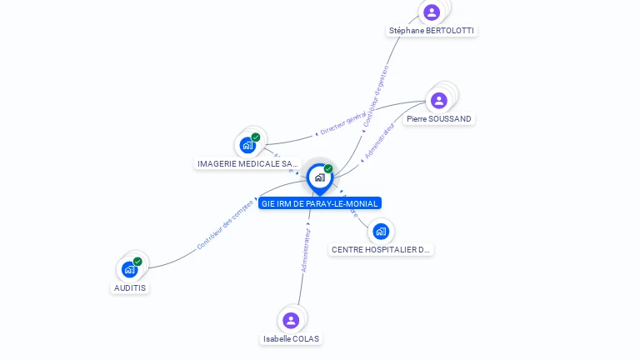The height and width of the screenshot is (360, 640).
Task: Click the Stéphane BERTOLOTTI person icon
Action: coord(432,12)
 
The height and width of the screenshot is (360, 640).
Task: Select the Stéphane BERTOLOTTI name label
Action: coord(432,31)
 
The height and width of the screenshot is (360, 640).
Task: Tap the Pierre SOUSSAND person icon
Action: coord(439,100)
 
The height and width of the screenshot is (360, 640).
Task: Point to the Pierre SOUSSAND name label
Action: coord(439,119)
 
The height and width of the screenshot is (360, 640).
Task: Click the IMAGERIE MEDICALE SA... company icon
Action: coord(247,146)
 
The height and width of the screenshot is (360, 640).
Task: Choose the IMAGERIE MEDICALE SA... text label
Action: coord(248,164)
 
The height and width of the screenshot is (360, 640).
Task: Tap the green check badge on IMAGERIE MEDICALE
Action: coord(256,137)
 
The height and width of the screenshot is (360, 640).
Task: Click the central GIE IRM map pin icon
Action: coord(319,177)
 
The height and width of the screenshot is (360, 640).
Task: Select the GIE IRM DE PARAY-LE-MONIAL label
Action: coord(320,203)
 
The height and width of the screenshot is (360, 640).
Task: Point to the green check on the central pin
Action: coord(328,168)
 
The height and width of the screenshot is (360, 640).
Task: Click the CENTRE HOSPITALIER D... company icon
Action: coord(381,231)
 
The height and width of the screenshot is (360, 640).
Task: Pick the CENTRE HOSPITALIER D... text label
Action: coord(382,249)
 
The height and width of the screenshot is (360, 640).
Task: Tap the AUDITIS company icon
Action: coord(129,269)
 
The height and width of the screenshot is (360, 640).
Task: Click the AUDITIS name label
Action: coord(130,287)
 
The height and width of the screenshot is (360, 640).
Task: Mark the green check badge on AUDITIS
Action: coord(137,262)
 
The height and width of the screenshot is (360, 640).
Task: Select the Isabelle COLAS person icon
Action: coord(291,320)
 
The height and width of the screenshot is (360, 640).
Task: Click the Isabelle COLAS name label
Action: coord(291,339)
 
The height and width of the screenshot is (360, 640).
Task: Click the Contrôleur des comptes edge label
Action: coord(224,225)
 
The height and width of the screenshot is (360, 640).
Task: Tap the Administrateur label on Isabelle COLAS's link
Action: coord(306,250)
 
